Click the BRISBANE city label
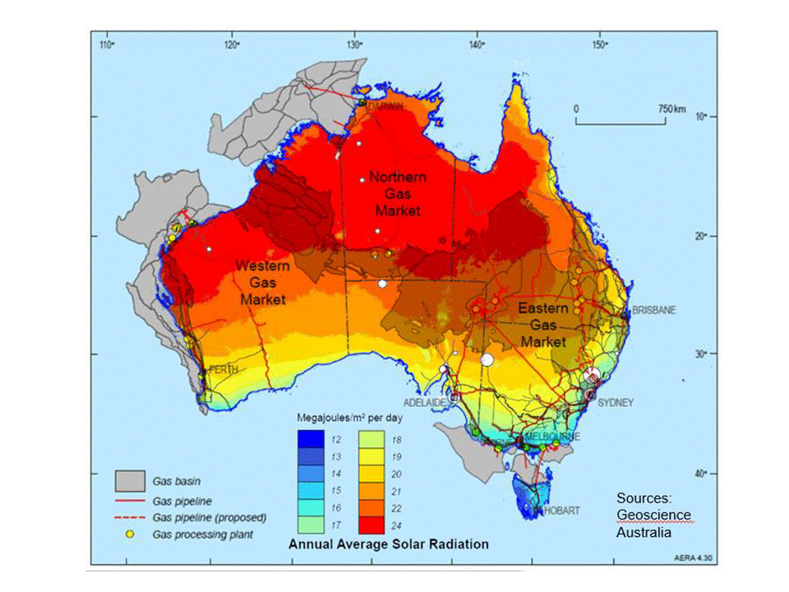653,310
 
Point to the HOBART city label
558,511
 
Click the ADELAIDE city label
425,402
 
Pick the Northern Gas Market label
398,194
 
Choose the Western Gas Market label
263,282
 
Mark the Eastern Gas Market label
543,324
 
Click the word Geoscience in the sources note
653,515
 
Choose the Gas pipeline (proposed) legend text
210,518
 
